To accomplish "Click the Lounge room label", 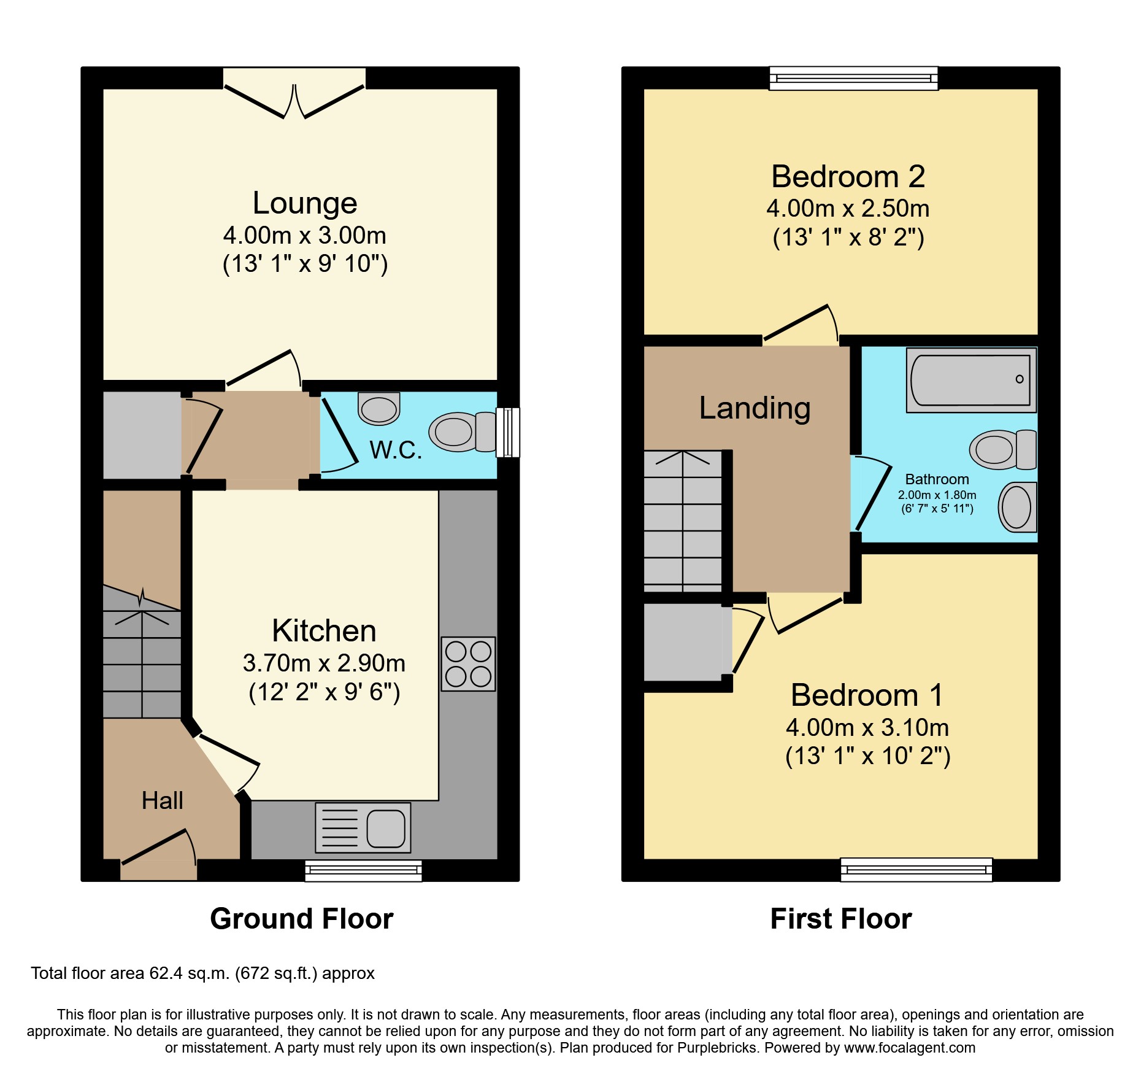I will [x=305, y=203].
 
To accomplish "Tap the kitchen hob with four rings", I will [x=468, y=663].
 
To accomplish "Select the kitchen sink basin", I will [x=386, y=828].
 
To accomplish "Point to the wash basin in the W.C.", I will [x=379, y=408].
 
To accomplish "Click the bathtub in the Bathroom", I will [x=971, y=380].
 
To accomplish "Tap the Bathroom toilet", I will [x=1002, y=450].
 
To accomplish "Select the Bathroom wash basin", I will [x=1017, y=507].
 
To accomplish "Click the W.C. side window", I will [x=508, y=432].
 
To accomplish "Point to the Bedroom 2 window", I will [x=854, y=79].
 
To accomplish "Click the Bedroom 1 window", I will [x=916, y=870].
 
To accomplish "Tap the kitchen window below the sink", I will [x=363, y=870].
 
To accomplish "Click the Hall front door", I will [x=158, y=853].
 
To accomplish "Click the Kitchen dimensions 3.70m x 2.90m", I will [x=324, y=663].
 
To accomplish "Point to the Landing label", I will [x=755, y=408].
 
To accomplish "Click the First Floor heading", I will [x=840, y=919].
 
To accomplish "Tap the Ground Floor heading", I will [x=301, y=919].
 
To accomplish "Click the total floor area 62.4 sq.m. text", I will [x=202, y=973].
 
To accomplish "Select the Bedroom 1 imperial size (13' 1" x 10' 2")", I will [x=867, y=756].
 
